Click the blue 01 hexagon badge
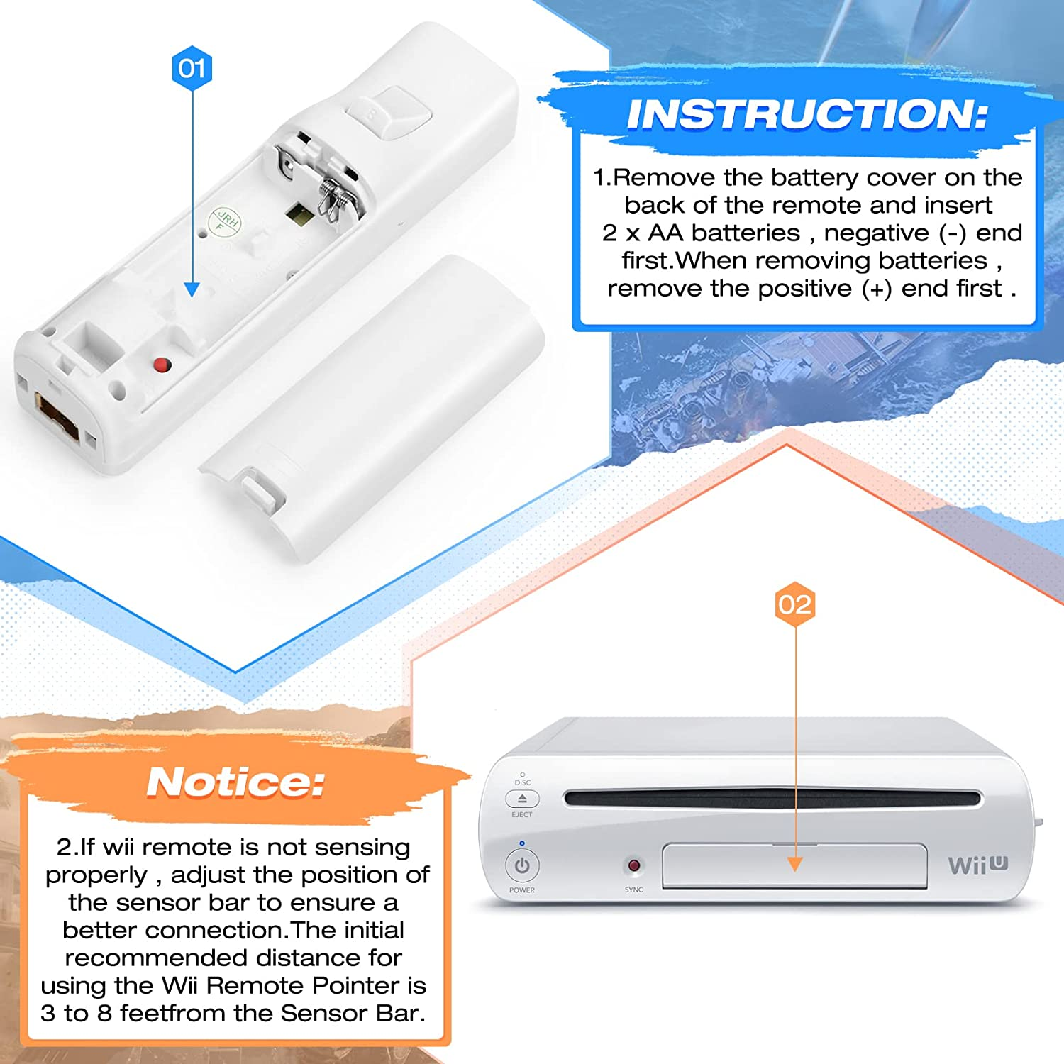[192, 68]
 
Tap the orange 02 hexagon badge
[794, 604]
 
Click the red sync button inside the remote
[162, 365]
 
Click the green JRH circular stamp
[224, 222]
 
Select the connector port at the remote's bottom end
[57, 418]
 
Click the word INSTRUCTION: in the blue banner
[807, 114]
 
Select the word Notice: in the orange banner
[235, 782]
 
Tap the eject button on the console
[522, 799]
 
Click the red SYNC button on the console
[633, 865]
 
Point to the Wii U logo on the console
[978, 865]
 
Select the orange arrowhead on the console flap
[795, 864]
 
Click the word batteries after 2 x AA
[746, 233]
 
